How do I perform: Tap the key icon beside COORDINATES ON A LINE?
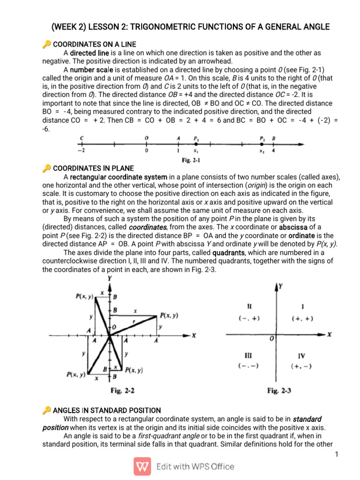[x=46, y=44]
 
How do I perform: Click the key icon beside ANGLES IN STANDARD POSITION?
[x=46, y=410]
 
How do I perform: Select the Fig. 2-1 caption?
[x=192, y=160]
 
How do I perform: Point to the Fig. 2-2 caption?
[x=123, y=390]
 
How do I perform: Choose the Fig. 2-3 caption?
[x=278, y=390]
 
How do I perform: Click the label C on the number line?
[x=82, y=138]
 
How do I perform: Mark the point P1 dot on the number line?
[x=195, y=145]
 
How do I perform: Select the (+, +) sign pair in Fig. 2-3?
[x=302, y=318]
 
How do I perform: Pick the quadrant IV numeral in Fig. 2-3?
[x=301, y=356]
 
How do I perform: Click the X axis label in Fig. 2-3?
[x=329, y=335]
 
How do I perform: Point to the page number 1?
[x=337, y=454]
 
